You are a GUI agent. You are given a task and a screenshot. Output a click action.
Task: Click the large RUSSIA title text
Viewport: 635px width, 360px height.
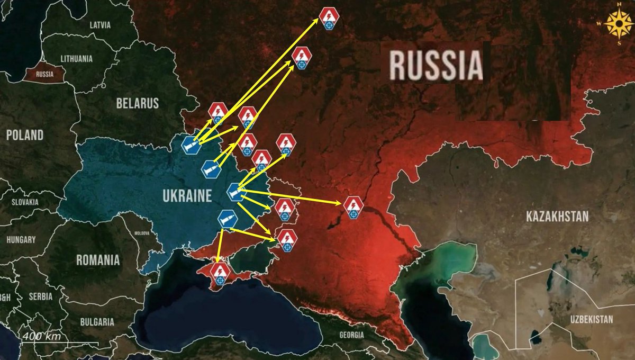click(x=437, y=65)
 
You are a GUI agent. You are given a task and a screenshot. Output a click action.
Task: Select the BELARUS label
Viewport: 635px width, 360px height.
click(x=138, y=103)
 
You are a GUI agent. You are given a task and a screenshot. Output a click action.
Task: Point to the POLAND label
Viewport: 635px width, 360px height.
click(x=25, y=135)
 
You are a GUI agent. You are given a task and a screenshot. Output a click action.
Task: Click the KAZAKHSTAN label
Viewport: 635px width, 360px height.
click(x=557, y=216)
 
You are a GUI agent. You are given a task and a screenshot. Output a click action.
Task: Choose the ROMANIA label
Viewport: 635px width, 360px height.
click(x=98, y=260)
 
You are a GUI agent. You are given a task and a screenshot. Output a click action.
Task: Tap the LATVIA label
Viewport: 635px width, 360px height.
click(x=100, y=25)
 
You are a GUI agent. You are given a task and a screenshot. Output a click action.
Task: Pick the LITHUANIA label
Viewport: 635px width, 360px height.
click(x=77, y=58)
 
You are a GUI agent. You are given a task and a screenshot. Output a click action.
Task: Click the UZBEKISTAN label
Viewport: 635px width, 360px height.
click(x=591, y=319)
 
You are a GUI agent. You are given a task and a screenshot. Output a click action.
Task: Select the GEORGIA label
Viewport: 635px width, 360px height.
click(x=352, y=335)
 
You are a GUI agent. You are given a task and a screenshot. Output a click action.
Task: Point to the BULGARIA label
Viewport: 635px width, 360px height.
click(x=97, y=321)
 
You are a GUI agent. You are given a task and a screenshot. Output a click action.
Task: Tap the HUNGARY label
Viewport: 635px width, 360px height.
click(x=21, y=239)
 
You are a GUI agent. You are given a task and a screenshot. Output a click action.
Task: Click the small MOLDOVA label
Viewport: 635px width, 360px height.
click(x=142, y=233)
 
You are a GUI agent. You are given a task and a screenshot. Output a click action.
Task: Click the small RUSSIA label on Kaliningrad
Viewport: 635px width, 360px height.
click(x=45, y=74)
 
